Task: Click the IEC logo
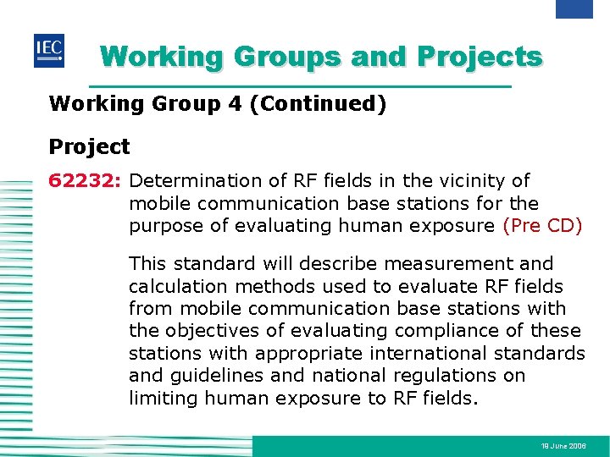click(x=48, y=52)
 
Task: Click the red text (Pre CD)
click(x=542, y=225)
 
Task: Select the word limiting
click(x=162, y=398)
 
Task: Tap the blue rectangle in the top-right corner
click(x=574, y=8)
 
